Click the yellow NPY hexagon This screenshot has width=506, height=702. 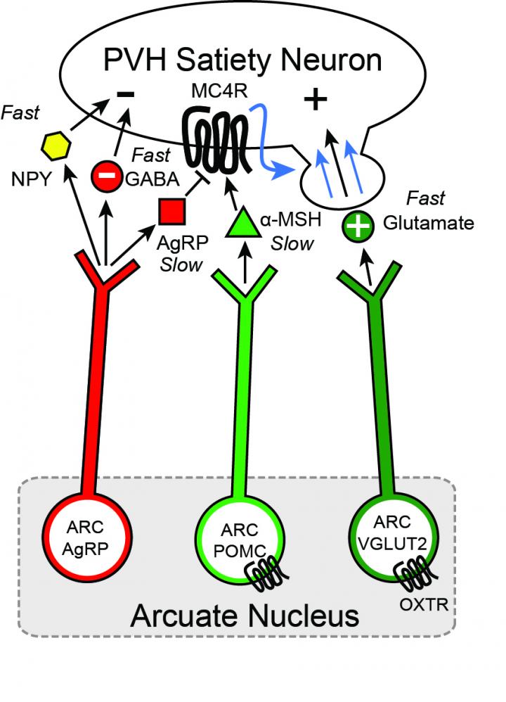(x=53, y=146)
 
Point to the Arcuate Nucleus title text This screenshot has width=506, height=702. (x=245, y=616)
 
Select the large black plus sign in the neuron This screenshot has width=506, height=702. (x=316, y=101)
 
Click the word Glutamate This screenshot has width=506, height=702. (x=429, y=224)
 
